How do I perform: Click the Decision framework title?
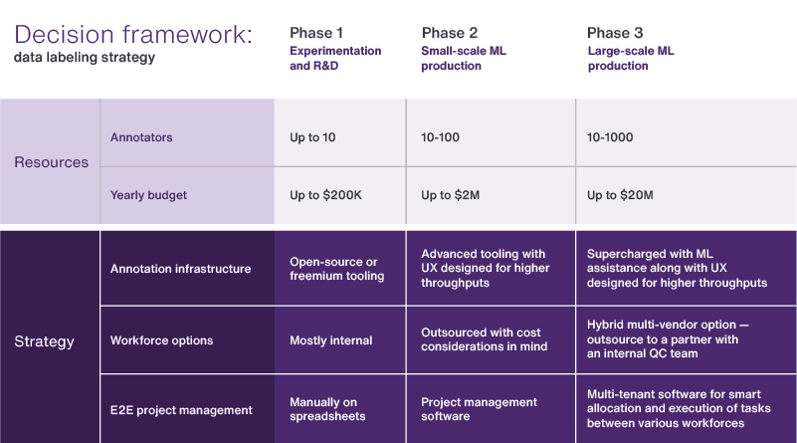tap(133, 34)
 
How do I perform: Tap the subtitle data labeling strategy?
tap(85, 58)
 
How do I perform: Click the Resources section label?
tap(51, 162)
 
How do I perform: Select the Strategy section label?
tap(44, 341)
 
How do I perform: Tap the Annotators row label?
tap(141, 137)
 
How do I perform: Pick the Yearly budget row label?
tap(149, 195)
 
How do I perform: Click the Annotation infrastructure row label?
tap(180, 269)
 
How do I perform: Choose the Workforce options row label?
tap(161, 340)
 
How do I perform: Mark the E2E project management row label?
tap(181, 409)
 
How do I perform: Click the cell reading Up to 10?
tap(312, 137)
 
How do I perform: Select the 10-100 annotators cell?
tap(441, 137)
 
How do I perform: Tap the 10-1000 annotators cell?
tap(610, 137)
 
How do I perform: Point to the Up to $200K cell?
tap(326, 195)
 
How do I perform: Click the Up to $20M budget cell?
tap(620, 195)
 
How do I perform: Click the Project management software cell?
tap(479, 409)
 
